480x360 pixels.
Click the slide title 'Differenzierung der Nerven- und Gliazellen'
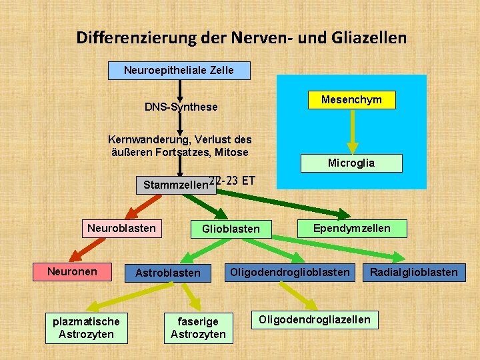tap(241, 37)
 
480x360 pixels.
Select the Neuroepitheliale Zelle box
tap(179, 70)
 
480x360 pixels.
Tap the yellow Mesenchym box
tap(352, 100)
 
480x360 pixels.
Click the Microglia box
tap(351, 163)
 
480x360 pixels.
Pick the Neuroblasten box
tap(121, 229)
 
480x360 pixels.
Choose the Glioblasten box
tap(231, 229)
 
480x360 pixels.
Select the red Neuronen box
tap(72, 272)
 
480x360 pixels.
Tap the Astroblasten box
tap(168, 273)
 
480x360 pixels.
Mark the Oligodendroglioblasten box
tap(289, 272)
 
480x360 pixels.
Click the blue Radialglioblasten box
tap(414, 272)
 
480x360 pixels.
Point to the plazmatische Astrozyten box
tap(87, 327)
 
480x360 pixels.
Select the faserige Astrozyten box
tap(198, 327)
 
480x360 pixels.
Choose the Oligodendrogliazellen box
tap(315, 319)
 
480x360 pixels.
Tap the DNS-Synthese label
tap(181, 107)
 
